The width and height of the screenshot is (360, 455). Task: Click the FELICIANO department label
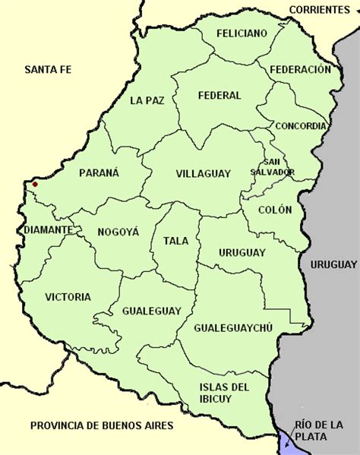(x=241, y=34)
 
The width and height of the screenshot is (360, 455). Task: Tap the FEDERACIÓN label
(x=300, y=69)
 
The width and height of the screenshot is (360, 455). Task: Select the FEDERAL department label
(x=219, y=96)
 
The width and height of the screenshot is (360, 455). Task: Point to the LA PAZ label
(x=146, y=100)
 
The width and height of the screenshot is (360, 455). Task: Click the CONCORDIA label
(x=301, y=126)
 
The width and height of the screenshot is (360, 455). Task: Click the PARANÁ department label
(x=99, y=173)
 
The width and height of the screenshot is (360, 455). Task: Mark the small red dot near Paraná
(x=33, y=183)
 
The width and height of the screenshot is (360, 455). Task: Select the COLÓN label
(x=274, y=210)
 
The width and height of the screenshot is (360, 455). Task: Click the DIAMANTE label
(x=48, y=229)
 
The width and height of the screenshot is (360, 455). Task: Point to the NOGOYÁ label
(x=118, y=232)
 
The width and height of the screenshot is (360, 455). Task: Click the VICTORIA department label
(x=68, y=297)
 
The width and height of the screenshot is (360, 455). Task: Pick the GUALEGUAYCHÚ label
(x=233, y=327)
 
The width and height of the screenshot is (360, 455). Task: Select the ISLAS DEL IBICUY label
(x=225, y=393)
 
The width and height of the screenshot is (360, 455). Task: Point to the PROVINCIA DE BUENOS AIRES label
(x=97, y=425)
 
